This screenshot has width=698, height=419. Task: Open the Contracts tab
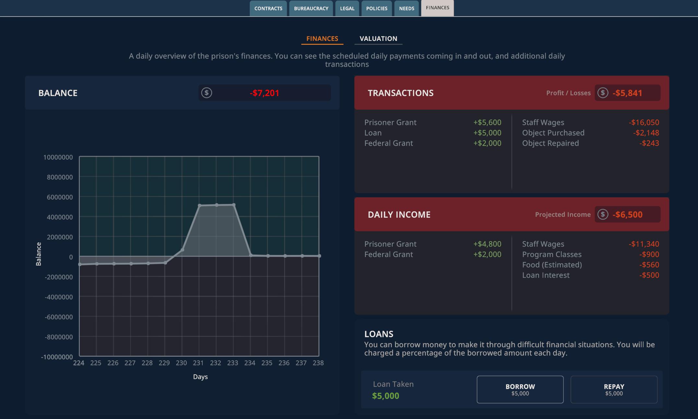click(268, 8)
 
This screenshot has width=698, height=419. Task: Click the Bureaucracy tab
click(311, 8)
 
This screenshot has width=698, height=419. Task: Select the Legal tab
click(347, 8)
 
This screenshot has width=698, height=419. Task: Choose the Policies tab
click(377, 8)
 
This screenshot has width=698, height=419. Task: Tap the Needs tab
click(407, 8)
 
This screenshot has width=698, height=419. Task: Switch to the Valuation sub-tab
click(378, 39)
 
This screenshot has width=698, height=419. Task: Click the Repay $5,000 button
click(614, 389)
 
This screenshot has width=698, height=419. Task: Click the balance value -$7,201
click(264, 93)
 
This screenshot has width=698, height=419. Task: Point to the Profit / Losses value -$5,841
click(627, 93)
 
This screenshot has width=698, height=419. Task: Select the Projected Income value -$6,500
click(627, 215)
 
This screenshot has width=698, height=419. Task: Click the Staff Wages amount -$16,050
click(644, 122)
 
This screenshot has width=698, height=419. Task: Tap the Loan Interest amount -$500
click(649, 275)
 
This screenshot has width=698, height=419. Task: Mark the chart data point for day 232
click(217, 205)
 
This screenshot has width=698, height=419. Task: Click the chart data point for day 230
click(182, 250)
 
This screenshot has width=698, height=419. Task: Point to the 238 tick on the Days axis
click(318, 363)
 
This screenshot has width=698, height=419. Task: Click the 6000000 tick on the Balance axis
click(60, 197)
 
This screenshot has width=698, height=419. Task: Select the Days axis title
click(200, 377)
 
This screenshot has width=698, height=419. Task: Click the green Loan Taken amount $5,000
click(386, 396)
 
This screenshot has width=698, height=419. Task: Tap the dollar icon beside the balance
click(207, 93)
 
